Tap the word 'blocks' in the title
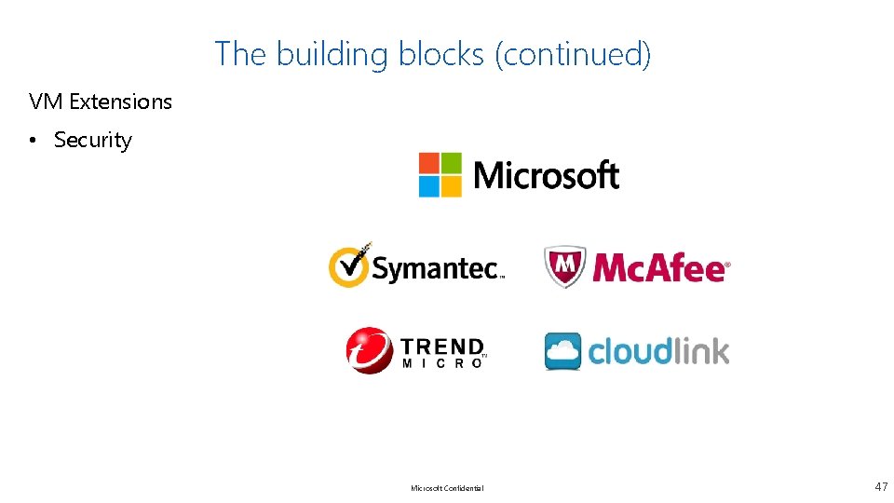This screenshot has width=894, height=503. point(441,54)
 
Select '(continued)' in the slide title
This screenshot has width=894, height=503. point(573,54)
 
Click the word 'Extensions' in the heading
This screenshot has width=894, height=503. point(120,102)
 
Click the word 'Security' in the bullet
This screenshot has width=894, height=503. point(93,140)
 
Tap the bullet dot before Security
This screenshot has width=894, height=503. point(33,140)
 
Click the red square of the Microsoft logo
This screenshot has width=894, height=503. point(428,163)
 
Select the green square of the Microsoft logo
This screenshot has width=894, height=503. point(451,163)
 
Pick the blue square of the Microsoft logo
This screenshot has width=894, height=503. point(428,185)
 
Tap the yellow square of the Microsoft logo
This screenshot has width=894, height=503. point(451,185)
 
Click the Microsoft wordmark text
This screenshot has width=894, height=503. point(547,175)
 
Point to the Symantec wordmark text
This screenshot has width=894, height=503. point(436,269)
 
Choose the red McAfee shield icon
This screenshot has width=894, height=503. point(565,266)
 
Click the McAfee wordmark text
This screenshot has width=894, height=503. point(659,268)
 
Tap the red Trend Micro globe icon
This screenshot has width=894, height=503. point(370,350)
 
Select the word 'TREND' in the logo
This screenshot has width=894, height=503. point(442,346)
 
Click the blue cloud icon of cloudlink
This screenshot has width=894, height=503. point(562,351)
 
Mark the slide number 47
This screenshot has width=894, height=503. point(881,486)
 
